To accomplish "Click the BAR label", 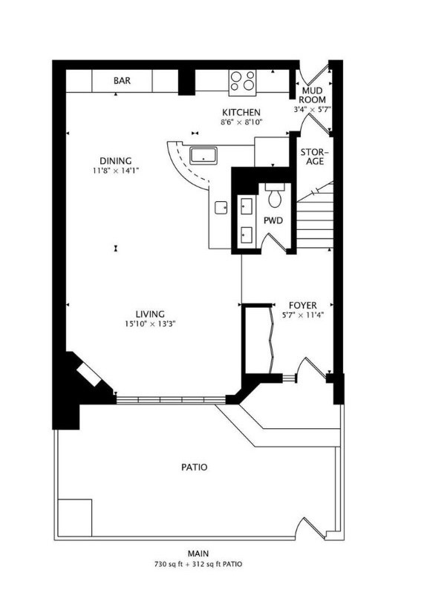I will point(123,81).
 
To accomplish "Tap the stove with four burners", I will point(242,81).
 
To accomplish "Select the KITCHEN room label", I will point(240,112).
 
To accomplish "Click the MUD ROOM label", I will point(312,95).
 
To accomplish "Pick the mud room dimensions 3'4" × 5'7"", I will point(312,109).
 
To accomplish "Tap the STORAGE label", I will point(313,157).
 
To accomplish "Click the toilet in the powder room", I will point(276,197).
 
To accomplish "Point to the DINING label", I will point(116,161).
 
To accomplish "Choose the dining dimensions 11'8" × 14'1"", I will point(116,171).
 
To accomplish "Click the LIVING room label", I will point(150,314).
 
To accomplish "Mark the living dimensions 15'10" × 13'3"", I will point(150,324).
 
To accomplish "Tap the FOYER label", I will point(302,305).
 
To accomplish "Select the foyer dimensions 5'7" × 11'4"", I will point(302,315).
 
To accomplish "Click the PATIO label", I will point(194,467).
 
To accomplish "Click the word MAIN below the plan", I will point(198,554).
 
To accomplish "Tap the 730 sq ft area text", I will point(172,564).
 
